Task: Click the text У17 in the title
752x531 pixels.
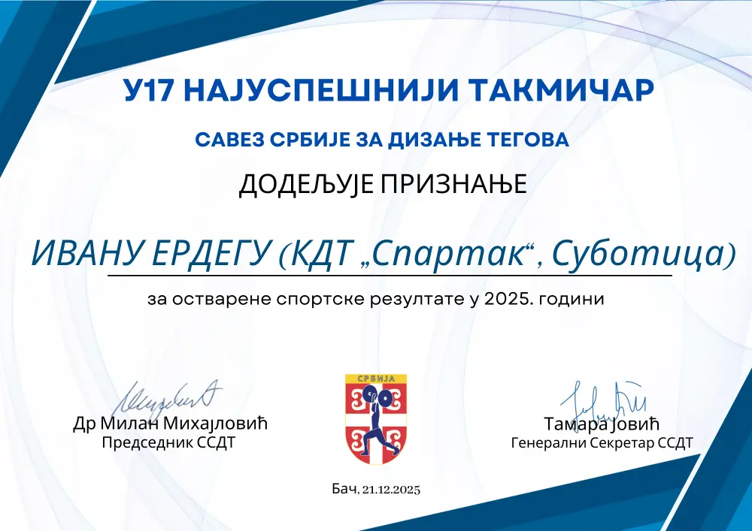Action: (x=147, y=90)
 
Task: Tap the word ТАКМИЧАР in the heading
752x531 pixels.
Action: (x=561, y=90)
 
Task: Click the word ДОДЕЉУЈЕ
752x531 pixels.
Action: (x=306, y=184)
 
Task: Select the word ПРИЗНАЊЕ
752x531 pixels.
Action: (x=453, y=183)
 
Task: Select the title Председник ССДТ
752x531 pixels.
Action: (x=168, y=442)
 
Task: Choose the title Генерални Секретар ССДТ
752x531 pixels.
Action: (x=602, y=443)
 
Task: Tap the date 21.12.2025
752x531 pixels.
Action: (x=391, y=490)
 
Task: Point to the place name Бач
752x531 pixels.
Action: (x=344, y=489)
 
